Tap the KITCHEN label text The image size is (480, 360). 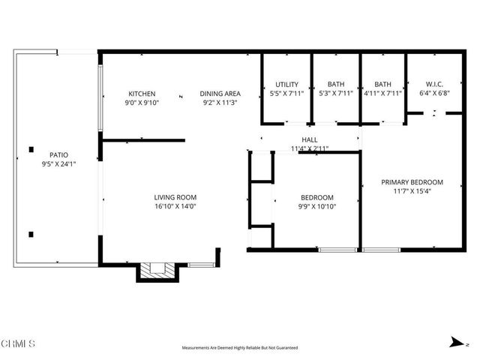click(141, 94)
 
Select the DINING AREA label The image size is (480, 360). click(220, 94)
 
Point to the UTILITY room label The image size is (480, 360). click(286, 84)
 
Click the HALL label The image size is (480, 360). click(310, 140)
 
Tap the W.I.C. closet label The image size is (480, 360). click(436, 84)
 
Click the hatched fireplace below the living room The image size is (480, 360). click(158, 271)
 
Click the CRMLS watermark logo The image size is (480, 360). click(18, 344)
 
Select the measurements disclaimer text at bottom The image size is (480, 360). click(240, 348)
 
